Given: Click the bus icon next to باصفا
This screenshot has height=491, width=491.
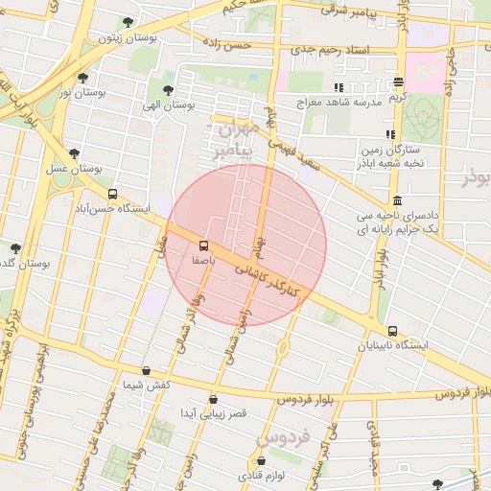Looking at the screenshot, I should tap(202, 245).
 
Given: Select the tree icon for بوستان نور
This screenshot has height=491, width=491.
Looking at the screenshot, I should tap(83, 78).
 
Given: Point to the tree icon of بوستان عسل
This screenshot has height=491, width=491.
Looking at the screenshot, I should tap(73, 152).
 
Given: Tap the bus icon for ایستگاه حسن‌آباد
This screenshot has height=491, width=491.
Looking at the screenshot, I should tap(113, 194).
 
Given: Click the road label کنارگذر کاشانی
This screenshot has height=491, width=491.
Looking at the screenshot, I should tap(269, 278).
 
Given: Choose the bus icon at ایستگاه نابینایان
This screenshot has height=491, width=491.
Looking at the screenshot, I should tap(391, 331).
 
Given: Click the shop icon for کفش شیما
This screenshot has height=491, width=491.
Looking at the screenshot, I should tap(146, 370).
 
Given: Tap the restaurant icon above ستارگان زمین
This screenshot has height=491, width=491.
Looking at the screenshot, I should tap(389, 135).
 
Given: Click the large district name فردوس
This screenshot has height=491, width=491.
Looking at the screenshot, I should tap(278, 439).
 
